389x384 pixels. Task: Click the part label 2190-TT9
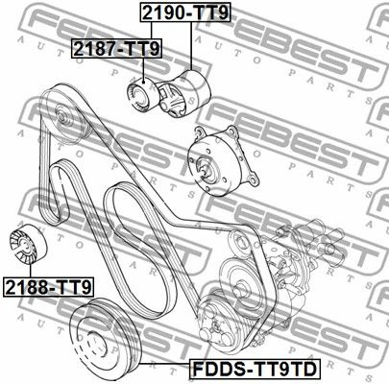point(185,12)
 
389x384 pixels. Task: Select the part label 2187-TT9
point(116,49)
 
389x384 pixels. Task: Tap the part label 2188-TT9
point(49,287)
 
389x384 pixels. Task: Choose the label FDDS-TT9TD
point(255,369)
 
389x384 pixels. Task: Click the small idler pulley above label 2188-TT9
point(28,244)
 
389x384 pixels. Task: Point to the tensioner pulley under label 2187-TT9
point(143,95)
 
